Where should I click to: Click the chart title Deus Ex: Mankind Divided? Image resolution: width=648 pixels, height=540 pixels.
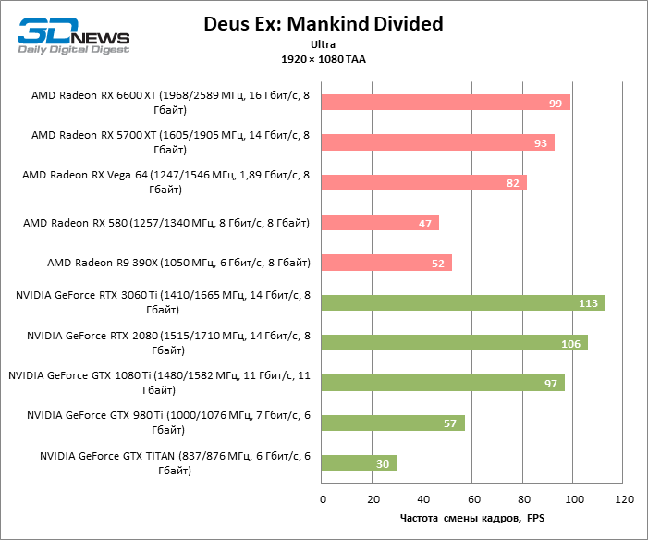click(324, 24)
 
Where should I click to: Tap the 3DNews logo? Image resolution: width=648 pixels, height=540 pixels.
click(72, 34)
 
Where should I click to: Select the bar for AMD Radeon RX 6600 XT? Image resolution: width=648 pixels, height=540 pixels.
click(446, 103)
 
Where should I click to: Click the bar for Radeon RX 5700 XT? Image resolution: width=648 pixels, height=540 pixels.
click(438, 142)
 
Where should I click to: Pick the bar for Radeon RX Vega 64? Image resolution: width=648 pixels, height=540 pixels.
click(424, 182)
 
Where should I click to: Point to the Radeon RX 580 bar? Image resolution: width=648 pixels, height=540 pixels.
click(380, 223)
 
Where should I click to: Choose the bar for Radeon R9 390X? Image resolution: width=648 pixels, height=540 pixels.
click(386, 263)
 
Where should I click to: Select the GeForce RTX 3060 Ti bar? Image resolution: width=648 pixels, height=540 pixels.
click(463, 303)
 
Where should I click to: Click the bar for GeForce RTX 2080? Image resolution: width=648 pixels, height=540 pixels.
click(455, 343)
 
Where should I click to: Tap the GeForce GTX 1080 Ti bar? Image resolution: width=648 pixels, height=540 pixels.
click(443, 383)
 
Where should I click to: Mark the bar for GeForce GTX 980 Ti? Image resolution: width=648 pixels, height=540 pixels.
click(393, 423)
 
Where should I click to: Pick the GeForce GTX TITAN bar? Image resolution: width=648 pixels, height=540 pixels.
click(359, 463)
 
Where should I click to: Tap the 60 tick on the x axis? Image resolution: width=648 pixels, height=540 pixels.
click(473, 500)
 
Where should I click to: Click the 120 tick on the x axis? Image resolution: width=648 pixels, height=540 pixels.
click(624, 500)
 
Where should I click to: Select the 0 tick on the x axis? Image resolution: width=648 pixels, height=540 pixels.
click(322, 500)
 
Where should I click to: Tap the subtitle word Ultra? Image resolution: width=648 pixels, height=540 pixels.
click(324, 43)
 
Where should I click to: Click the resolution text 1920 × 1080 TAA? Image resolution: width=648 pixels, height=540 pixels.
click(324, 58)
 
